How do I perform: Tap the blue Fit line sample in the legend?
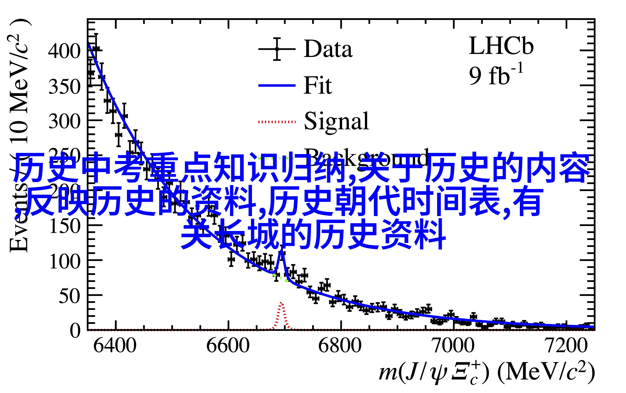coord(277,85)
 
